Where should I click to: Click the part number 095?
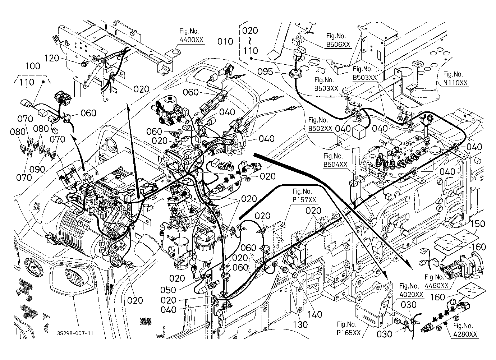[x=265, y=72]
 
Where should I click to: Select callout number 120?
[x=52, y=58]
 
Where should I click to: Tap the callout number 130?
[x=300, y=325]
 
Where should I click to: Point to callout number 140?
[x=315, y=314]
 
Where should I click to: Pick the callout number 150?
[x=478, y=224]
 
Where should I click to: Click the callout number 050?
[x=168, y=290]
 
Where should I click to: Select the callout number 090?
[x=37, y=170]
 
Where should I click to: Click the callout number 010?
[x=225, y=41]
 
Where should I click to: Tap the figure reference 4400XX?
[x=191, y=40]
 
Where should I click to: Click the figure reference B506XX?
[x=338, y=45]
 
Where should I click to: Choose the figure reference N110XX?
[x=455, y=83]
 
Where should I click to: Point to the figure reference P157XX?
[x=304, y=200]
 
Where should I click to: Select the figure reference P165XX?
[x=349, y=333]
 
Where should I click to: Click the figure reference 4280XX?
[x=465, y=334]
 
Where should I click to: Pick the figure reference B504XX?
[x=335, y=165]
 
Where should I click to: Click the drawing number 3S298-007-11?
[x=75, y=333]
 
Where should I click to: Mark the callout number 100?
[x=33, y=66]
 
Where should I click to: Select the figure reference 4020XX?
[x=411, y=295]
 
